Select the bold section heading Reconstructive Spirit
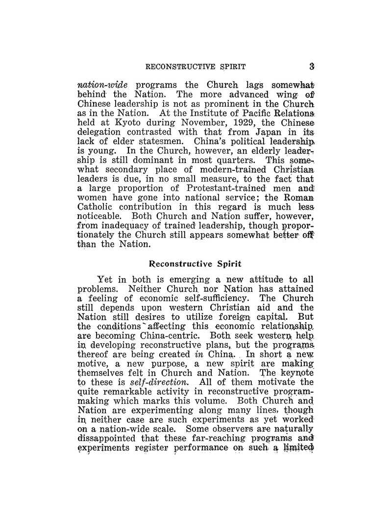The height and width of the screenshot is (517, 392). [195, 264]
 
